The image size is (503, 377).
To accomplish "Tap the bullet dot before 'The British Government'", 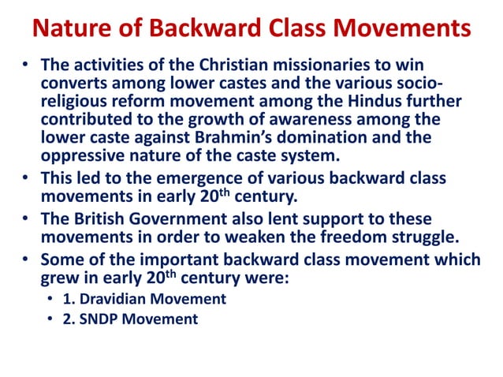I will point(27,218).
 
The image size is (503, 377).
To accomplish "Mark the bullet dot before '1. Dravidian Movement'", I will point(50,300).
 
